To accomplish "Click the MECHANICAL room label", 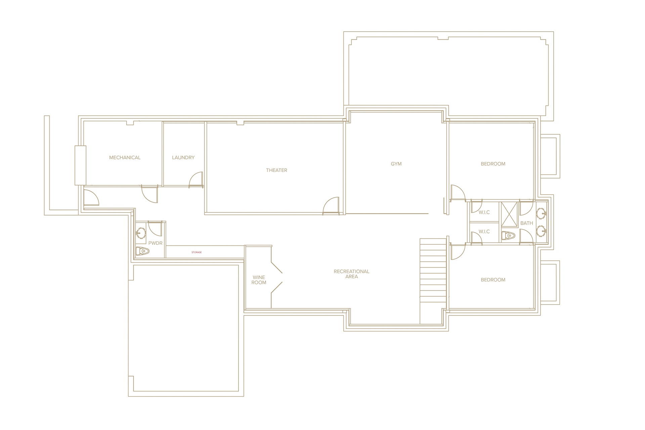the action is tap(125, 157).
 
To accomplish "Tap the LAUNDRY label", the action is tap(183, 157).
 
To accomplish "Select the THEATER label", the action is tap(276, 170).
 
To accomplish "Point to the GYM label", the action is tap(396, 164).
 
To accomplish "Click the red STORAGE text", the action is tap(197, 252).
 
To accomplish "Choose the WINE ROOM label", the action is tap(259, 280).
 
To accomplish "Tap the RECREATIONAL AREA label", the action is tap(351, 274).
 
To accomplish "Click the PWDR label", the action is tap(155, 243).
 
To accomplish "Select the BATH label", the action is tap(526, 223).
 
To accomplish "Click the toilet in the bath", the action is tap(508, 235).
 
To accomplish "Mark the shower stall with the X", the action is tap(509, 214).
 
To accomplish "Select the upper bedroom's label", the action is tap(493, 164).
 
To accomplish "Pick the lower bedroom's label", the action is tap(493, 280).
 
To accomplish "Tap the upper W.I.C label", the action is tap(484, 212).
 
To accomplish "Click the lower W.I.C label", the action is tap(484, 231).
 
